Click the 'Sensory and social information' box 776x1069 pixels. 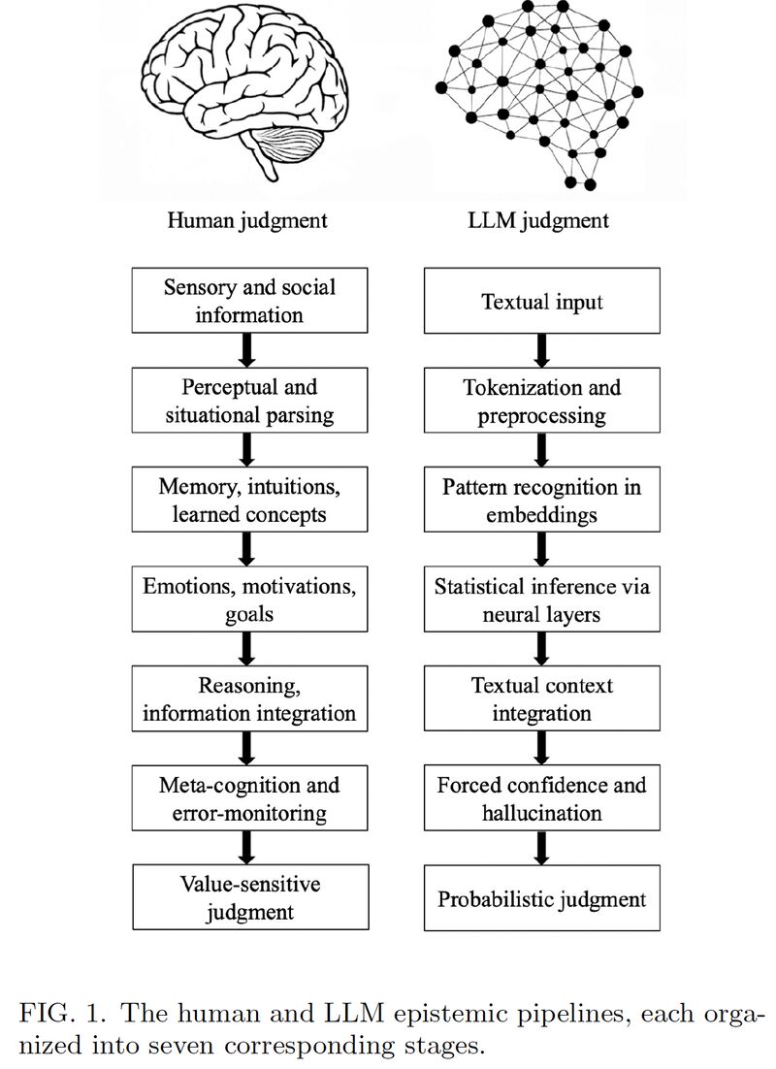tap(249, 301)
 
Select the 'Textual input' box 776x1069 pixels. tap(542, 301)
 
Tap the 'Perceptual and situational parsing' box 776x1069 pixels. tap(249, 401)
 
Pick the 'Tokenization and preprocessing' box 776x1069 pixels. tap(542, 401)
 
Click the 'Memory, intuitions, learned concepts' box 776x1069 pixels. tap(249, 500)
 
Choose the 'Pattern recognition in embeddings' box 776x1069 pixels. tap(542, 500)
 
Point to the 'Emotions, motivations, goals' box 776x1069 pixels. tap(249, 599)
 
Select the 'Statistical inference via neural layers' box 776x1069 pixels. tap(542, 599)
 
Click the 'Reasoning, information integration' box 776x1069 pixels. tap(249, 698)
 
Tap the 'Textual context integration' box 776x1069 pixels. tap(542, 698)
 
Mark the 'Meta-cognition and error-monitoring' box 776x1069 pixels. tap(249, 798)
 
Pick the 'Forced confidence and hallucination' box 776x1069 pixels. tap(542, 798)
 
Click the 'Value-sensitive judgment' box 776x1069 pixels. tap(250, 898)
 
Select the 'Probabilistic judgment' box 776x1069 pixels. tap(542, 898)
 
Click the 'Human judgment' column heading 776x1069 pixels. tap(247, 221)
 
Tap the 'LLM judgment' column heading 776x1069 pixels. tap(538, 221)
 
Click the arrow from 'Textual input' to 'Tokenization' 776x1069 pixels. tap(542, 350)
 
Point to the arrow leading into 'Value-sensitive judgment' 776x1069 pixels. tap(248, 848)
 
